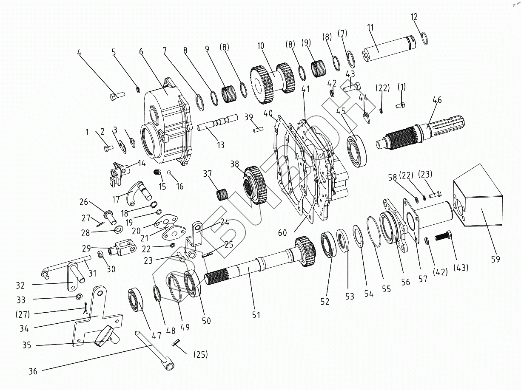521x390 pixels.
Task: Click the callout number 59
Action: point(495,259)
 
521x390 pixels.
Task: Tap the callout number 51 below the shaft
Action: point(256,315)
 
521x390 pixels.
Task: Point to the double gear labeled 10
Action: point(273,81)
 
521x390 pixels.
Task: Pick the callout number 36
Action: point(33,371)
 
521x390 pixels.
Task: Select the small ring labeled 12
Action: point(424,38)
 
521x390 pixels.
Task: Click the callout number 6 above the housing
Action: point(141,51)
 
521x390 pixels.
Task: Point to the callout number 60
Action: point(282,232)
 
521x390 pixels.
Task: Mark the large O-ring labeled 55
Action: point(374,232)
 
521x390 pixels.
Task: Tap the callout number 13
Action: point(220,145)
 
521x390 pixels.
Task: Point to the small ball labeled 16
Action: point(169,173)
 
